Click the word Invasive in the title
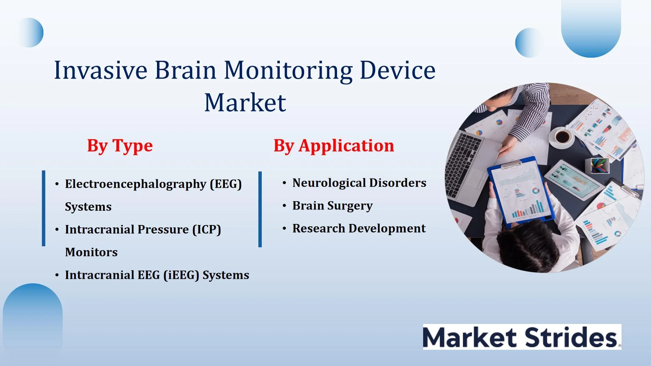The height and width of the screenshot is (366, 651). [x=101, y=70]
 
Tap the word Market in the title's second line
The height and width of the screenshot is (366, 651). [x=245, y=102]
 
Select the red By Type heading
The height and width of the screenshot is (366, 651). [x=120, y=146]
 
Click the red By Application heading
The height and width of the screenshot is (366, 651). [x=334, y=146]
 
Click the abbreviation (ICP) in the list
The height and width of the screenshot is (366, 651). [x=206, y=230]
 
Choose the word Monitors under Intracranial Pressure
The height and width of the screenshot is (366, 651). [x=91, y=252]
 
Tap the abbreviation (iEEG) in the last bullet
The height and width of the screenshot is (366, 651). [x=181, y=275]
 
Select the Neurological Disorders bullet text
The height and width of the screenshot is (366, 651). [x=359, y=183]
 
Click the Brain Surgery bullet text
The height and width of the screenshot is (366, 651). [x=332, y=206]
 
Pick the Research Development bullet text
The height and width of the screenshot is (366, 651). [x=359, y=229]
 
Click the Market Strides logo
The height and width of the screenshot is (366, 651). [x=522, y=337]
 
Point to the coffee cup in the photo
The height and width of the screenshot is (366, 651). [x=562, y=137]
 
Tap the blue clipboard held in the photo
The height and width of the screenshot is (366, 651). [x=520, y=191]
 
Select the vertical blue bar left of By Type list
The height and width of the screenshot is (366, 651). [x=43, y=208]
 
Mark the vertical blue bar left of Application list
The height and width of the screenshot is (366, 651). [x=260, y=209]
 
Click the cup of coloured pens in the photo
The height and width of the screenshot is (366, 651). [x=599, y=165]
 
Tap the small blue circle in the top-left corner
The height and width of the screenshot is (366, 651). [x=30, y=33]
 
